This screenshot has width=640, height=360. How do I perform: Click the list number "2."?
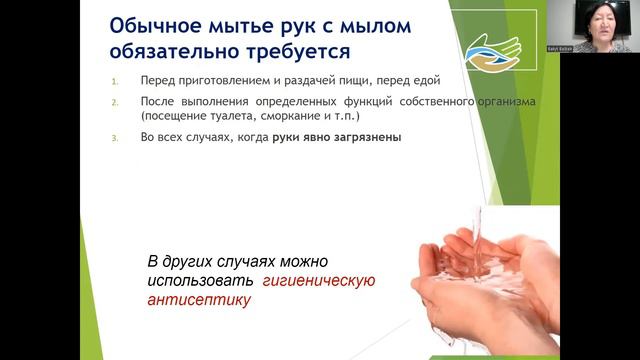114,101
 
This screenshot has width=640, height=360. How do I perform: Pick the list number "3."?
114,138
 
